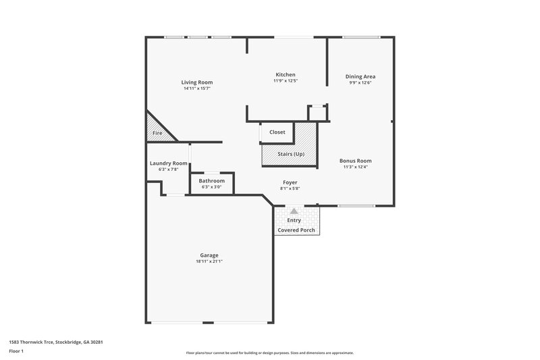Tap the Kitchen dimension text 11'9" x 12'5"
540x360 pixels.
pyautogui.click(x=286, y=80)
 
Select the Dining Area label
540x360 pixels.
pyautogui.click(x=361, y=76)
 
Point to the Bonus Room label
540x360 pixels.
pyautogui.click(x=356, y=161)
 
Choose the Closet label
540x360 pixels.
pyautogui.click(x=277, y=132)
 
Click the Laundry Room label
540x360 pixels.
pyautogui.click(x=168, y=163)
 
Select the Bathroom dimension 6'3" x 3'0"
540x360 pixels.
pyautogui.click(x=211, y=186)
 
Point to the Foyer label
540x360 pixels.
pyautogui.click(x=290, y=182)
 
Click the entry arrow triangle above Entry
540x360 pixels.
pyautogui.click(x=294, y=211)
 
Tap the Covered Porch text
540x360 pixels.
pyautogui.click(x=296, y=230)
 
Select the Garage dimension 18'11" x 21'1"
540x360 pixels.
pyautogui.click(x=209, y=261)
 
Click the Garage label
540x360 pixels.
pyautogui.click(x=209, y=255)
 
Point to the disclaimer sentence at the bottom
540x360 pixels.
pyautogui.click(x=269, y=353)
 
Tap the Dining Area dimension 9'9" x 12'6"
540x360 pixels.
pyautogui.click(x=361, y=83)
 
